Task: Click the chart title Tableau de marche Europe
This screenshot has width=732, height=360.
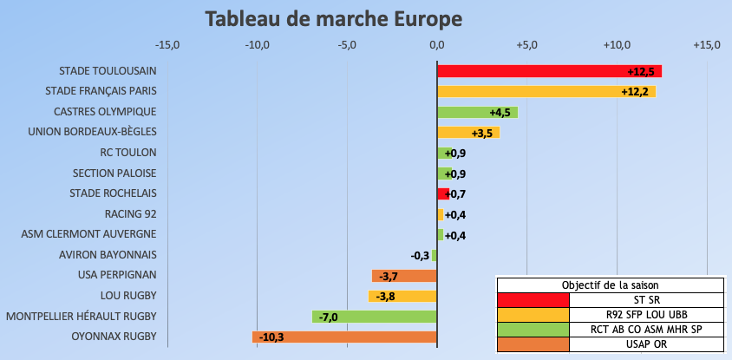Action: [x=334, y=18]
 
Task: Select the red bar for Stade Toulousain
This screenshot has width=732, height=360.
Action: [x=549, y=71]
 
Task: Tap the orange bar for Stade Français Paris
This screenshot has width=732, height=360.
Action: [x=546, y=91]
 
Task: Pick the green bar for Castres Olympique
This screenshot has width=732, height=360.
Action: [x=477, y=112]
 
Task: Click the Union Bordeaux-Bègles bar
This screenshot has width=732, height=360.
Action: [x=468, y=133]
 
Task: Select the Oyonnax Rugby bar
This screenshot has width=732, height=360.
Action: [x=344, y=337]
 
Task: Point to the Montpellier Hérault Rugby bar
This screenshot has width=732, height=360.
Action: [x=375, y=317]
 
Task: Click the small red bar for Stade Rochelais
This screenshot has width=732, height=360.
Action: [x=442, y=193]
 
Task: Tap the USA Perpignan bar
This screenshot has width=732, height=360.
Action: [x=404, y=276]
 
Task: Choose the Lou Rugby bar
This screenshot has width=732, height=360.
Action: [x=403, y=296]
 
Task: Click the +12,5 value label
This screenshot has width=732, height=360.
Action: [x=641, y=71]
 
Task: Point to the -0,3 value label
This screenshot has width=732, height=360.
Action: [x=421, y=255]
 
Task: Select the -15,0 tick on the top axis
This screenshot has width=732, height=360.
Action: [x=167, y=45]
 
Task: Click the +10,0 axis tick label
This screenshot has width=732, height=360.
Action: [x=617, y=45]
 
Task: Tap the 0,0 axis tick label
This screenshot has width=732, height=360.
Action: [x=437, y=45]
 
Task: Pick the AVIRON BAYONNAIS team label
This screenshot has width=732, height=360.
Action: [x=108, y=255]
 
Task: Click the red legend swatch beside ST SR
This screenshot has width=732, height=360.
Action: [x=533, y=299]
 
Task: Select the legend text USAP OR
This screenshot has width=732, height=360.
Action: [x=646, y=344]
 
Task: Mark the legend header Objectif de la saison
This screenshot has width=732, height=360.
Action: [x=610, y=285]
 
